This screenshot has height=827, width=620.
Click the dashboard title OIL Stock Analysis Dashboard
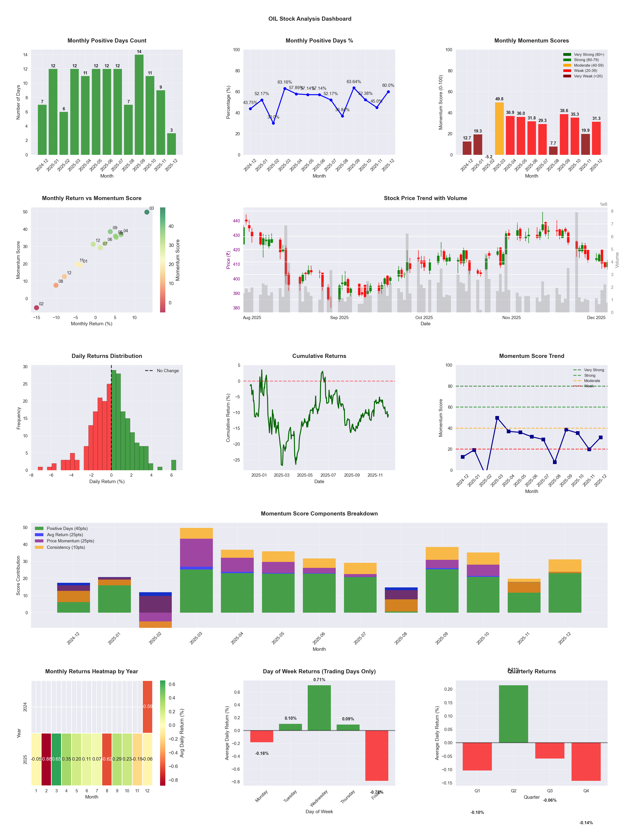click(x=310, y=19)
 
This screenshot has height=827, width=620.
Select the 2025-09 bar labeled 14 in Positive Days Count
click(x=139, y=105)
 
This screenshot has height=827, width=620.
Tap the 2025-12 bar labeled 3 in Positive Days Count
click(x=172, y=144)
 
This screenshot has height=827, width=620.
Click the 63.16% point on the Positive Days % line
click(x=285, y=89)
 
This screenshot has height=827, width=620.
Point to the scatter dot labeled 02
click(x=36, y=308)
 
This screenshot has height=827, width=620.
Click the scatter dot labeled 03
click(x=147, y=212)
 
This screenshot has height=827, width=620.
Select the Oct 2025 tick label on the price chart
click(x=424, y=317)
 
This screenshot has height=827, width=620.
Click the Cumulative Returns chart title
click(x=319, y=356)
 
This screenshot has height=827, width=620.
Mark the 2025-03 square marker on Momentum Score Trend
click(x=497, y=418)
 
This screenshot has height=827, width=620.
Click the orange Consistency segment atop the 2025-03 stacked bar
click(x=196, y=533)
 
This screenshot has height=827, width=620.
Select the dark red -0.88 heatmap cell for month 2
click(x=46, y=759)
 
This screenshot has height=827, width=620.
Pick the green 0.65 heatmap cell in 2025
click(x=56, y=759)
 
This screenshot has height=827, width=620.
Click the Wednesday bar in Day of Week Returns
click(x=319, y=708)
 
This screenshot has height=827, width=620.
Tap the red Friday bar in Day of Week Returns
click(x=377, y=756)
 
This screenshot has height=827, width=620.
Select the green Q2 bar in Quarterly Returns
click(x=513, y=714)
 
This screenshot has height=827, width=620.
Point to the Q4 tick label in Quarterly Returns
click(x=586, y=791)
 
